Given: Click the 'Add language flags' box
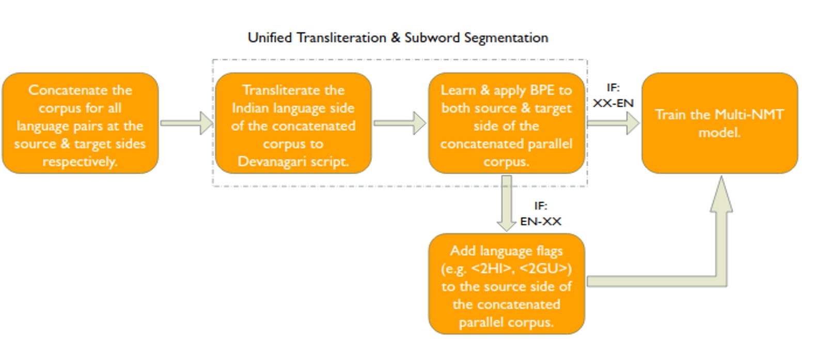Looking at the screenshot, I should coord(506,284).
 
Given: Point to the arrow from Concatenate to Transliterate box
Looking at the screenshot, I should coord(186,123).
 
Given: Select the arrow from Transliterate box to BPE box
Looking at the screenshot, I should coord(399,123).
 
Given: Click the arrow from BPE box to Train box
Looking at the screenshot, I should coord(613,123).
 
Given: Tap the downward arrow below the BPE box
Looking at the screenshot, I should coord(507,204).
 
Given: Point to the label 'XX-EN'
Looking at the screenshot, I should coord(613,103).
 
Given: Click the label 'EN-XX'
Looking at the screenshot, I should coord(540,222).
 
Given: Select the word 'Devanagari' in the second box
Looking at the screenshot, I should coord(271,162).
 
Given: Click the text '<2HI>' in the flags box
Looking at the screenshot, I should coord(492,269).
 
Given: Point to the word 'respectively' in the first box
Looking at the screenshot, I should coord(80,162).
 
